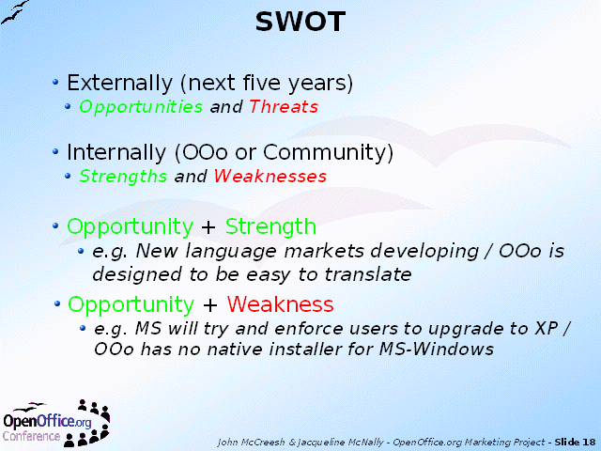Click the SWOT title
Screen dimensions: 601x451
(x=300, y=22)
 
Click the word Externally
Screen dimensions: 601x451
(x=119, y=83)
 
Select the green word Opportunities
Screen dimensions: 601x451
(x=141, y=107)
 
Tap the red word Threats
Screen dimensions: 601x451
(x=284, y=106)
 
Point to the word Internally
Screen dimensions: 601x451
(x=116, y=152)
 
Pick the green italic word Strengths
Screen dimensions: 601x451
(x=123, y=177)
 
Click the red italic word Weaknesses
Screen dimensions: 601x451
(x=270, y=177)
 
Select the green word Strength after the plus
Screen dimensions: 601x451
(x=270, y=226)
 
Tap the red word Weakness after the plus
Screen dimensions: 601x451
(x=280, y=304)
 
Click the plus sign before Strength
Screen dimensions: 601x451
(x=208, y=227)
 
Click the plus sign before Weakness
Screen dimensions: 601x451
(x=210, y=305)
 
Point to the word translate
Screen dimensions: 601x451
(x=368, y=274)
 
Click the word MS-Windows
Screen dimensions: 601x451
(x=436, y=349)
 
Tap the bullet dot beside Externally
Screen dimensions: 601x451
(x=55, y=82)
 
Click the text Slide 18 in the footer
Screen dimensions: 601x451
(x=575, y=443)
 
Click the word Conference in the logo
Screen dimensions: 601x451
(x=31, y=436)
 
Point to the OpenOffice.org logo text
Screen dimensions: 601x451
(x=47, y=421)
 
